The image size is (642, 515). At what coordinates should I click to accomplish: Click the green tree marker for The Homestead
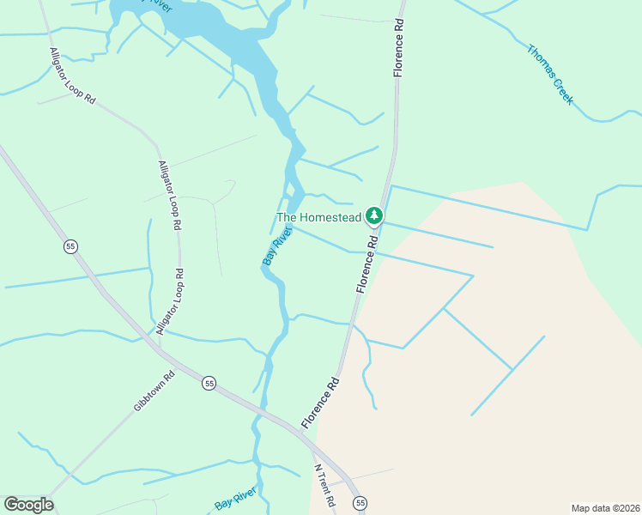pos(373,215)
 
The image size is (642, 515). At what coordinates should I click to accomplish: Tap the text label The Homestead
pos(318,218)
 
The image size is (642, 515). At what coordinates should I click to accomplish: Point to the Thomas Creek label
pos(549,75)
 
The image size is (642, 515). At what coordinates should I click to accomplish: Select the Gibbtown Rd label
pos(154,391)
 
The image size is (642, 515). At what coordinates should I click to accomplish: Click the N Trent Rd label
pos(323,486)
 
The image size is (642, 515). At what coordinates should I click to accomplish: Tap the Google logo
pos(28,505)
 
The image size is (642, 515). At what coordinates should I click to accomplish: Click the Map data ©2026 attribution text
pos(604,508)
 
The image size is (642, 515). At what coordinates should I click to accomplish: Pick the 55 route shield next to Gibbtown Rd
pos(209,384)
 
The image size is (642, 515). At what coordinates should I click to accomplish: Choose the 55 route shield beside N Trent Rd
pos(360,502)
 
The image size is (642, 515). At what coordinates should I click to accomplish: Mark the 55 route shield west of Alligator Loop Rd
pos(70,246)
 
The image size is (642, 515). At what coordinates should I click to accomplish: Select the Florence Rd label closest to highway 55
pos(320,402)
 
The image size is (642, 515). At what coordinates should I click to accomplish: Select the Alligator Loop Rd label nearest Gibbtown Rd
pos(167,301)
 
